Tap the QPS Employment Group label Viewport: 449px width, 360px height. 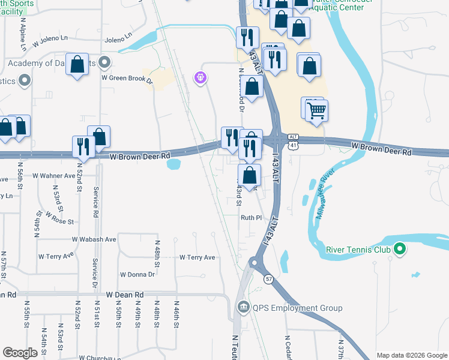297,308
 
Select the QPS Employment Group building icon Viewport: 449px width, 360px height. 243,308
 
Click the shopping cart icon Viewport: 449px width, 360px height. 316,110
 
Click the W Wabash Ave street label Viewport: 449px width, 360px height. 94,239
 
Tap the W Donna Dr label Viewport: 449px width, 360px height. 137,274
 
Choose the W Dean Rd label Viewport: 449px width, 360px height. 125,295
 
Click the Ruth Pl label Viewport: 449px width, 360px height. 252,218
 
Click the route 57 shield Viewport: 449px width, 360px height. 267,280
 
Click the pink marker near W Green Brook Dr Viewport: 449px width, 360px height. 200,77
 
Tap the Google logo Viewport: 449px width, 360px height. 21,353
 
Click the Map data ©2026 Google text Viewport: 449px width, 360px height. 412,355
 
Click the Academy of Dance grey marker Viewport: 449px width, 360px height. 105,62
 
